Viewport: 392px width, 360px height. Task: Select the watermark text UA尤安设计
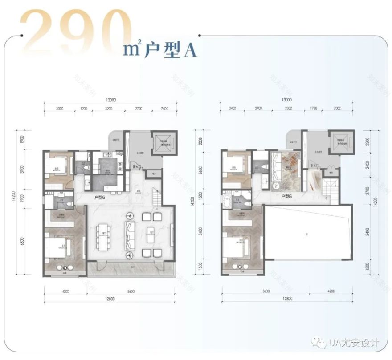click(354, 343)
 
